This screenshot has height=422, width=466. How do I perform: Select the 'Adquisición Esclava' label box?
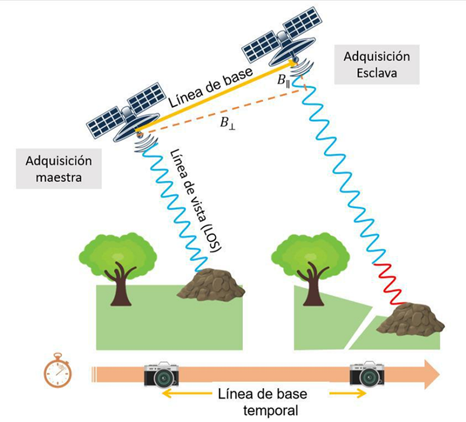[x=376, y=65]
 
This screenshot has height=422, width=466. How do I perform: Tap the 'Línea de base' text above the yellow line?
[x=210, y=88]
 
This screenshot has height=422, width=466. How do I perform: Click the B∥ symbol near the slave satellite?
[x=284, y=80]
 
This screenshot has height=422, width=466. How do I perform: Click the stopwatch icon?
[x=57, y=370]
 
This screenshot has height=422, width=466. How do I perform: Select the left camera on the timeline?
[x=161, y=374]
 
